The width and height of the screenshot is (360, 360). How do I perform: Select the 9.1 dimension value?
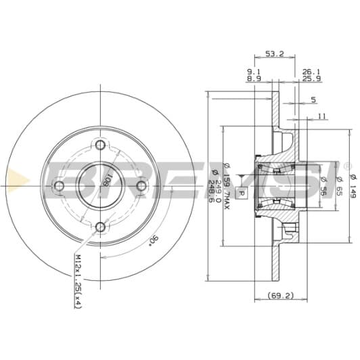tap(254, 71)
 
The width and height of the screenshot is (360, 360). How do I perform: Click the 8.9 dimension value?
tap(254, 80)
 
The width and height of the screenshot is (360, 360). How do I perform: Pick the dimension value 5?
tap(313, 100)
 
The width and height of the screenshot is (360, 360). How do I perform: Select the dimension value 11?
tap(323, 116)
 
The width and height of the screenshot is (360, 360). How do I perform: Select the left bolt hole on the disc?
tap(59, 186)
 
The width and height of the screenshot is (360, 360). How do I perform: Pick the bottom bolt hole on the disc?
tap(100, 227)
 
